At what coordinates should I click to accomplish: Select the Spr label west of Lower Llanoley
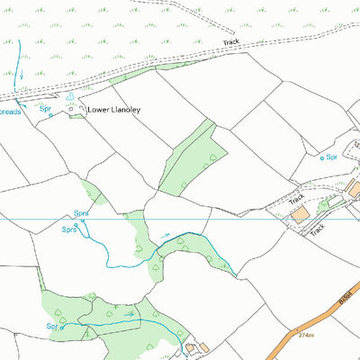[45, 108]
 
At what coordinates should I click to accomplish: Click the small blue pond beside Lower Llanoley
[68, 97]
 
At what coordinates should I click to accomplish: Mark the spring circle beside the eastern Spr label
[322, 157]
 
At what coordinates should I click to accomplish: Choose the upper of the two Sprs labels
[80, 213]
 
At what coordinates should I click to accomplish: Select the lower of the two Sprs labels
[68, 229]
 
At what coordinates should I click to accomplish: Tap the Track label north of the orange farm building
[298, 195]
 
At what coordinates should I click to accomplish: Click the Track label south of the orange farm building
[317, 230]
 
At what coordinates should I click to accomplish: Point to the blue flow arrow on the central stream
[165, 236]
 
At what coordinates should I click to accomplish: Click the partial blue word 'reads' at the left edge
[9, 112]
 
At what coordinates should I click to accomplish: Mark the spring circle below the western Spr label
[50, 115]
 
